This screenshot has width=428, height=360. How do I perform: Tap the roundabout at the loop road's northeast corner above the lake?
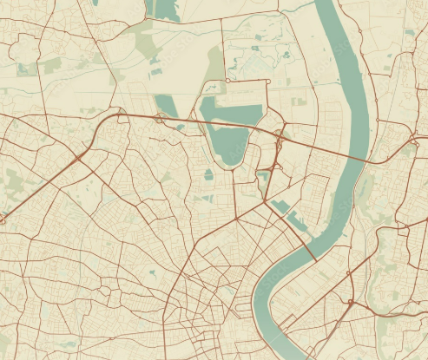[x=268, y=82]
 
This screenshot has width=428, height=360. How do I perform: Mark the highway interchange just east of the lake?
[x=279, y=137]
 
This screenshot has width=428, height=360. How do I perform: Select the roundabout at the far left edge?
[x=3, y=220]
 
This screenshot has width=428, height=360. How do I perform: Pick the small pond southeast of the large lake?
[x=262, y=177]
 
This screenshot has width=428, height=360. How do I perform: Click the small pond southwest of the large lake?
[x=209, y=174]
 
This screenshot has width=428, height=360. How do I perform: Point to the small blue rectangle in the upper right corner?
[x=410, y=33]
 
